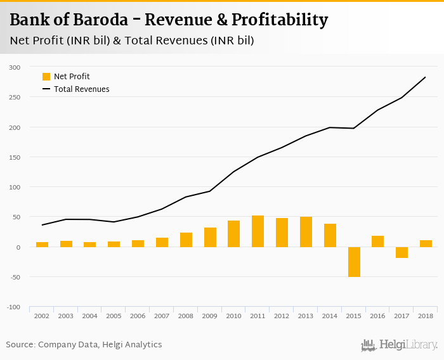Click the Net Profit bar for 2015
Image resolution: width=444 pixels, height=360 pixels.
coord(354,262)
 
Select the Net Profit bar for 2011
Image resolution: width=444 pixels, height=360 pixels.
coord(258,231)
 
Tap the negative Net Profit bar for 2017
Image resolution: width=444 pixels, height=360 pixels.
coord(402,252)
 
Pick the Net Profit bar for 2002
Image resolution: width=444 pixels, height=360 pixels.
coord(42,244)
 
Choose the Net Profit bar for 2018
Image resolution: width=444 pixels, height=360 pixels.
coord(426,243)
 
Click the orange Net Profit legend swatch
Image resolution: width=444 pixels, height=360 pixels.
coord(46,77)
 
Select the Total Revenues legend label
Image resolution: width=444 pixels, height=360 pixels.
coord(81,89)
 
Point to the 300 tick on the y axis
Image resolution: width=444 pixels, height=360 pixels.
coord(15,67)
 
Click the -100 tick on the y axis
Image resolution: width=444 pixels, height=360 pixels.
coord(14,307)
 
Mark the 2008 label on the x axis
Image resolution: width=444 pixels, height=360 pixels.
coord(186,315)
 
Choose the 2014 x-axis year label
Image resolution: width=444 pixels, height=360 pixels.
coord(330,315)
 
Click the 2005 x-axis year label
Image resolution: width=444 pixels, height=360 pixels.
coord(114,315)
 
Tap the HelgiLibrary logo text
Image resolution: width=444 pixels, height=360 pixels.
coord(408,345)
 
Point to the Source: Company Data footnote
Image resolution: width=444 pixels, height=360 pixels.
coord(84,345)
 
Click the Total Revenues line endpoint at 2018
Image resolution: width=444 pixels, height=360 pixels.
coord(425,77)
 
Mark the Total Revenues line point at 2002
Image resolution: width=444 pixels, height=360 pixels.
coord(42,225)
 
